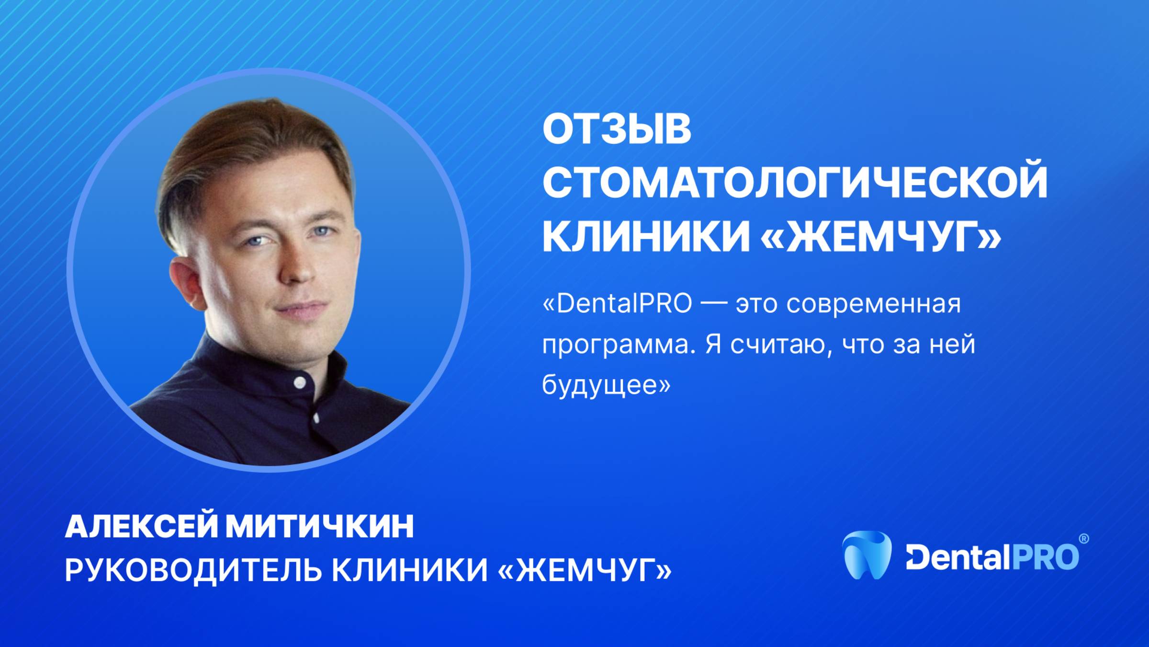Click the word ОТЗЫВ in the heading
pyautogui.click(x=617, y=129)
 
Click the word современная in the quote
pyautogui.click(x=873, y=304)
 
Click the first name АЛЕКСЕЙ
pyautogui.click(x=141, y=527)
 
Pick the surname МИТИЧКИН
pyautogui.click(x=320, y=527)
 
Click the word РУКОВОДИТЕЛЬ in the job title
pyautogui.click(x=191, y=570)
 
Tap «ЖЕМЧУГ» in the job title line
pyautogui.click(x=585, y=570)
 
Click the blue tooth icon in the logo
pyautogui.click(x=867, y=555)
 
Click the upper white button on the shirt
pyautogui.click(x=300, y=382)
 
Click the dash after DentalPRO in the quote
pyautogui.click(x=714, y=304)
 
